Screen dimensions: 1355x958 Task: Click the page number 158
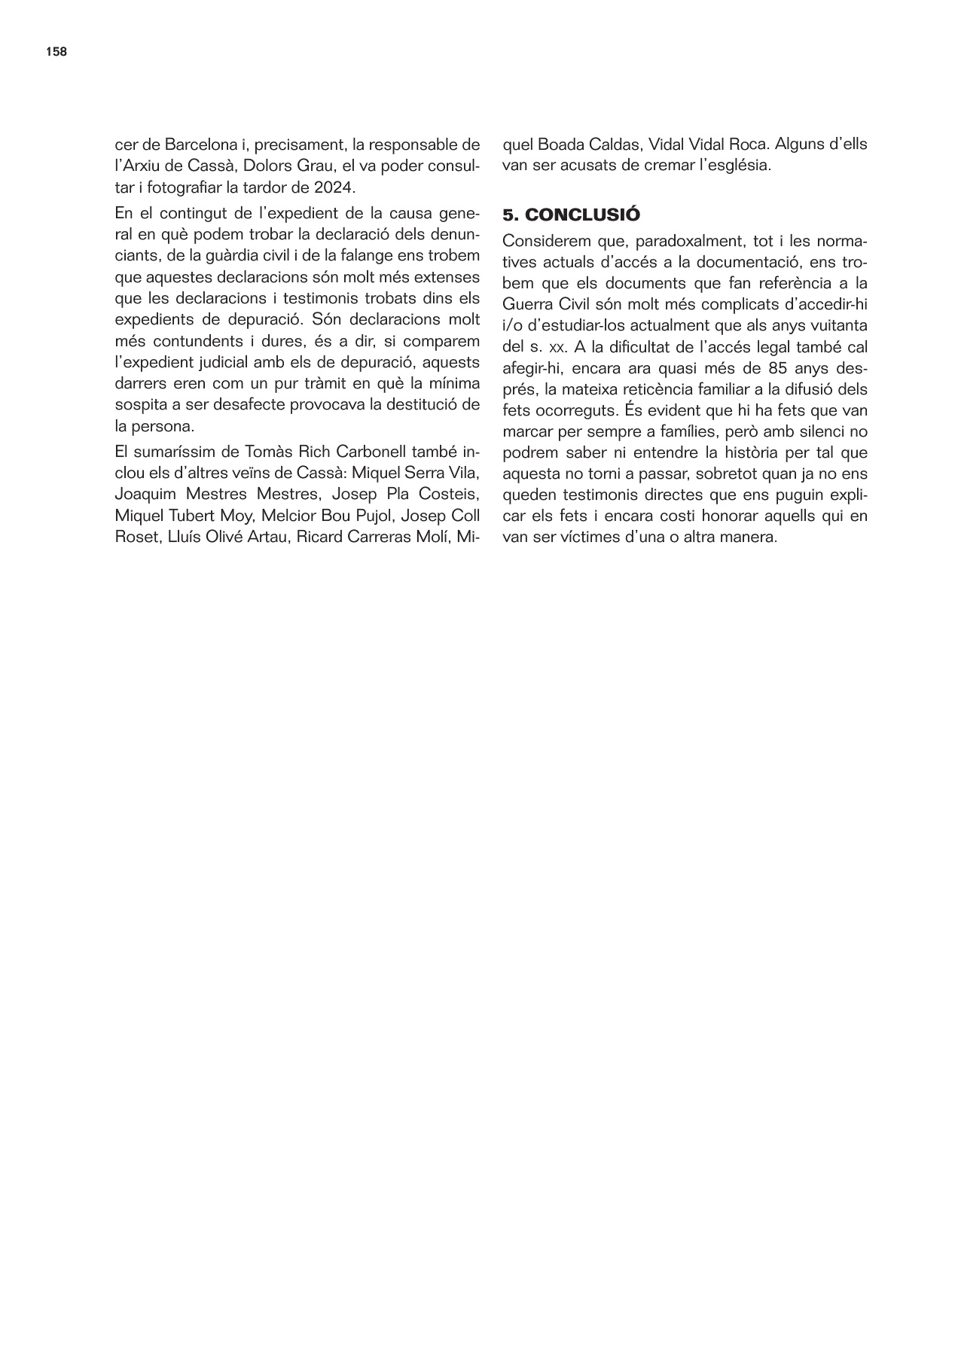click(56, 52)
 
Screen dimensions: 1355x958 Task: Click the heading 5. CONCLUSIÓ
click(571, 215)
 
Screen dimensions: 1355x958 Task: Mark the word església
click(735, 166)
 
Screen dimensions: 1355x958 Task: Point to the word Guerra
click(526, 306)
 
